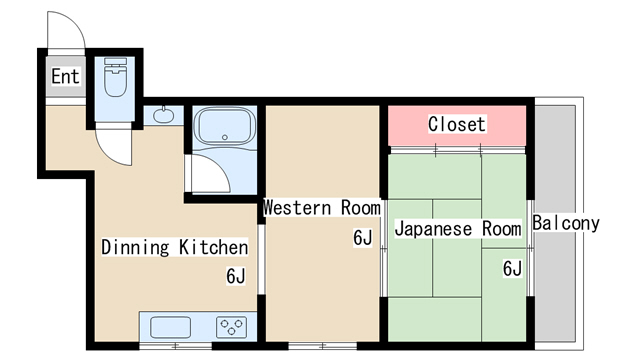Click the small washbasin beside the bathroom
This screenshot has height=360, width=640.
tap(164, 115)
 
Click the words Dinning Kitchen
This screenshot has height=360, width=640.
tap(174, 246)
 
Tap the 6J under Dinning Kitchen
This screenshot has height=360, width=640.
tap(236, 276)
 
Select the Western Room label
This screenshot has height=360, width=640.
tap(321, 208)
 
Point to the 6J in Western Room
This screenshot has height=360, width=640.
tap(362, 238)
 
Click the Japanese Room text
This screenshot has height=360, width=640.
tap(457, 229)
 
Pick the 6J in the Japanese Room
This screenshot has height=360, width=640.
tap(512, 268)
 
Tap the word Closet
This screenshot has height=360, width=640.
tap(456, 124)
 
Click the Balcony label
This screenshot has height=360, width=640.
tap(566, 223)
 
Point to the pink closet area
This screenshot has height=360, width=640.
tap(410, 125)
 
